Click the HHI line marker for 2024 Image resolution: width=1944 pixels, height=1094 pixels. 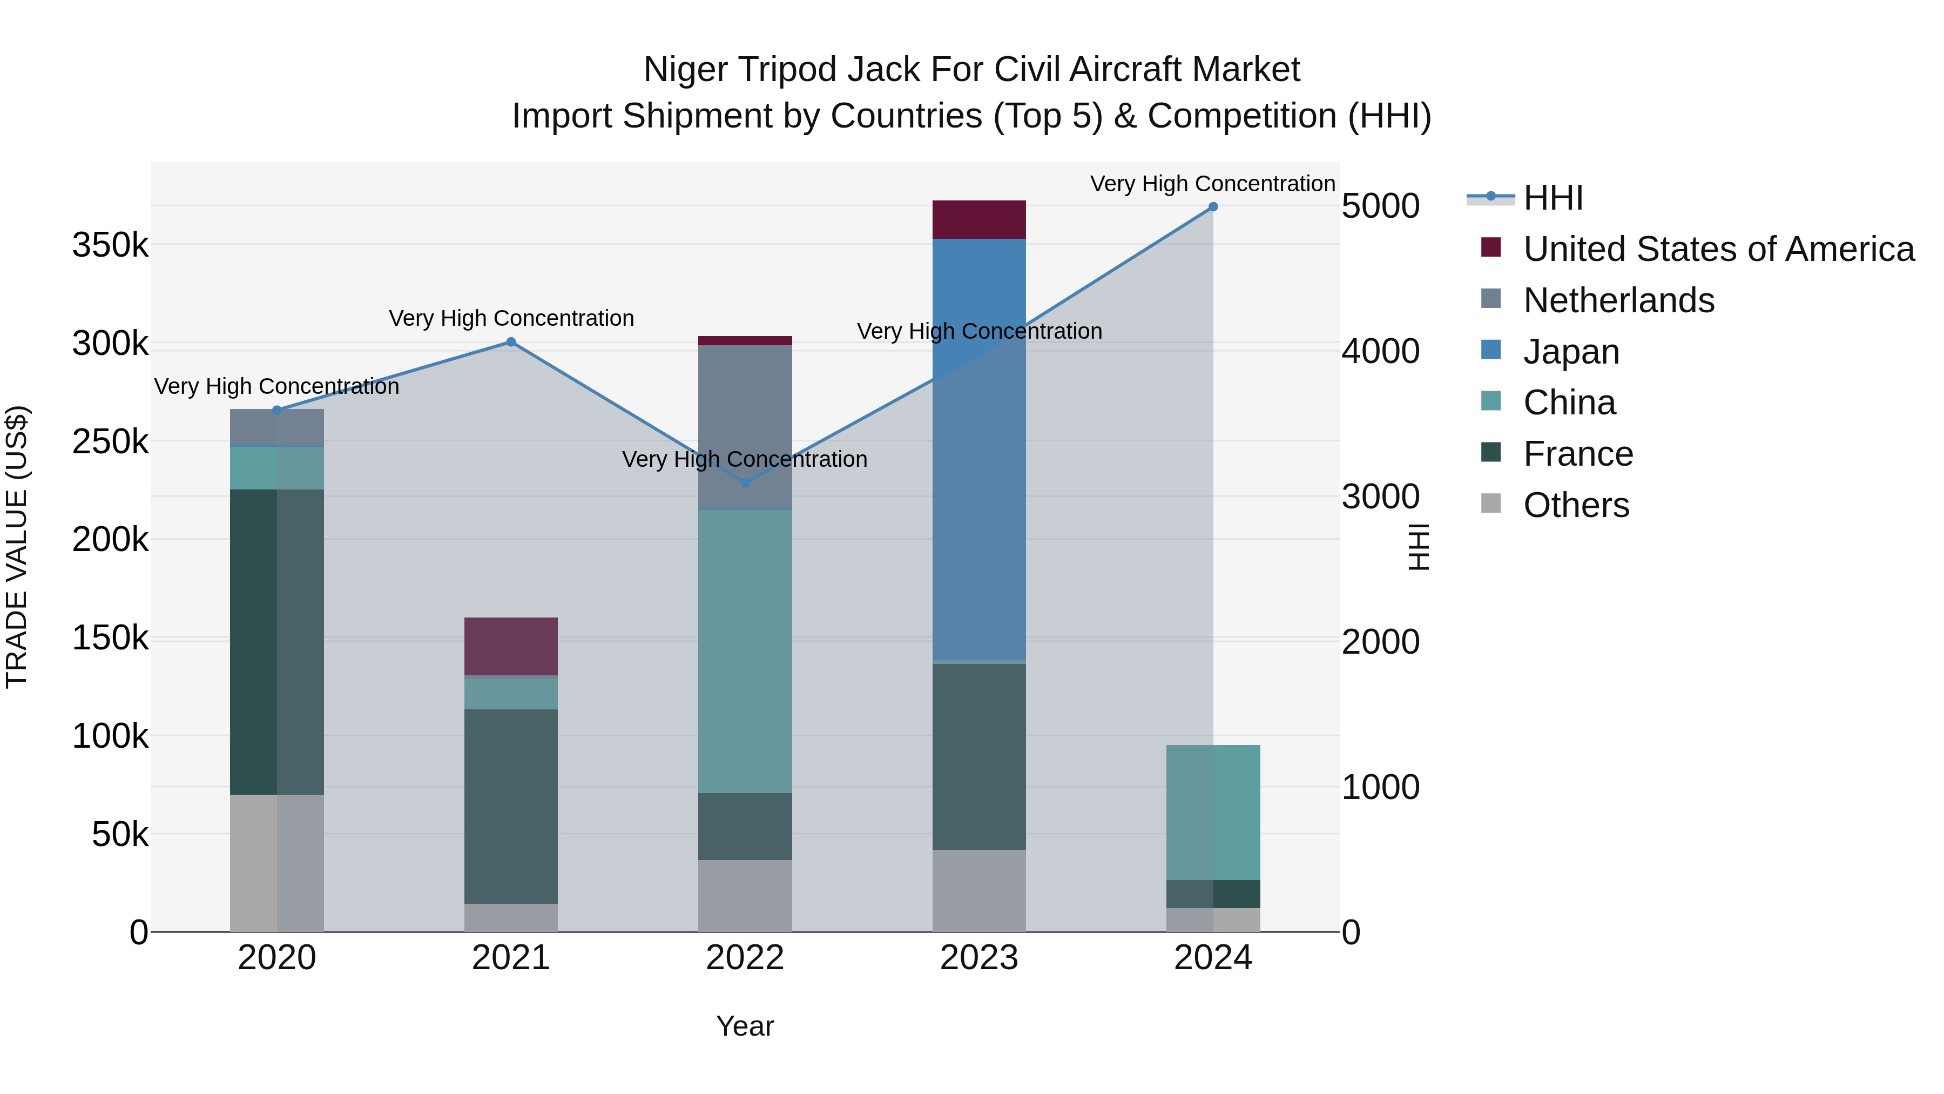[x=1213, y=206]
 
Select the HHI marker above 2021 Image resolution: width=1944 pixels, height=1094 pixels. [x=511, y=342]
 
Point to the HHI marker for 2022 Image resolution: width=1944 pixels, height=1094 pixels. [x=745, y=482]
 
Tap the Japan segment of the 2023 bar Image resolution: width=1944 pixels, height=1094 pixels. [x=979, y=449]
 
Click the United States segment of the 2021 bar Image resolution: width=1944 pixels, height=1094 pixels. [x=511, y=646]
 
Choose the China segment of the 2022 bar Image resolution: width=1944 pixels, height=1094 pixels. [x=745, y=651]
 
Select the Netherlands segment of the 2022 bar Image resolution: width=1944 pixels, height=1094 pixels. [x=745, y=427]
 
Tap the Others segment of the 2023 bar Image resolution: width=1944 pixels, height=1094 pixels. [x=979, y=890]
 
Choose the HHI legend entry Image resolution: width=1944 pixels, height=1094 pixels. [x=1552, y=198]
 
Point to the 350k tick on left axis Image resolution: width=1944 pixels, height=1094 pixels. [x=110, y=245]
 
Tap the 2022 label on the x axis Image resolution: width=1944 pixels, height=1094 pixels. [x=745, y=958]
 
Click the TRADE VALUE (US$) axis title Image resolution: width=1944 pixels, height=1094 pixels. [x=17, y=547]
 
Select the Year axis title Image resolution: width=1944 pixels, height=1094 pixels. [x=745, y=1026]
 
